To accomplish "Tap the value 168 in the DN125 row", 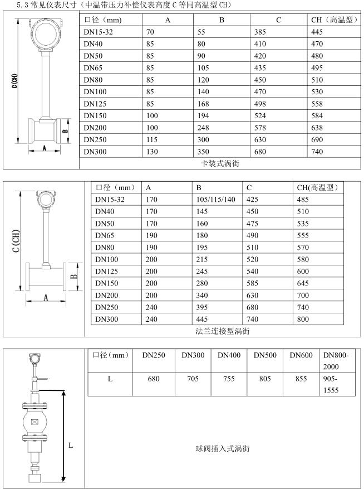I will coord(204,104).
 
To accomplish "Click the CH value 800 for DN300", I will coord(304,318).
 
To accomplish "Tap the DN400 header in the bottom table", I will coord(229,355).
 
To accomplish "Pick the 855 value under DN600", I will coord(301,379).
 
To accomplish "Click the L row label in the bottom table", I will coord(110,379).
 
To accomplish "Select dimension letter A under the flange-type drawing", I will coord(46,298).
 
